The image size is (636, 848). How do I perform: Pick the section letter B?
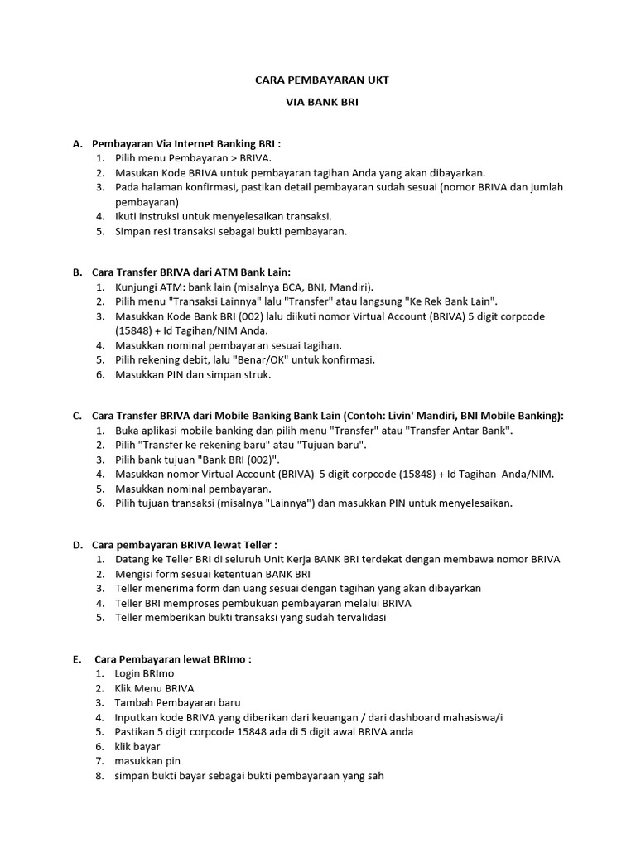(x=77, y=272)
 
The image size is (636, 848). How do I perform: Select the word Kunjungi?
(x=137, y=287)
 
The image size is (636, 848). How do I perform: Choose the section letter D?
(x=77, y=544)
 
